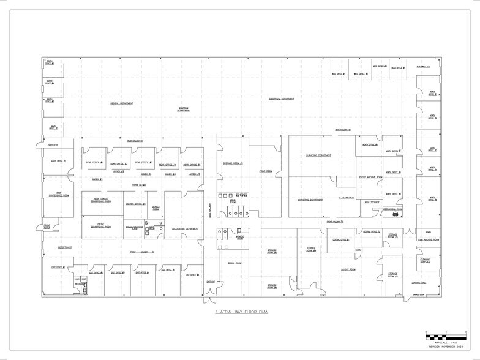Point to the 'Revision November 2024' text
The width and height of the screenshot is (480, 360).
pyautogui.click(x=443, y=347)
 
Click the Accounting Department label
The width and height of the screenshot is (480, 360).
pyautogui.click(x=185, y=229)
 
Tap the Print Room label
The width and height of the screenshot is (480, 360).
pyautogui.click(x=265, y=171)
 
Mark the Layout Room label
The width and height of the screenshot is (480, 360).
pyautogui.click(x=350, y=269)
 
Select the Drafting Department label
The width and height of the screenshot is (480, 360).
pyautogui.click(x=183, y=110)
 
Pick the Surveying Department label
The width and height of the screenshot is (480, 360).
pyautogui.click(x=318, y=156)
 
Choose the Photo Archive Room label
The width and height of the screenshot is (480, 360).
pyautogui.click(x=370, y=177)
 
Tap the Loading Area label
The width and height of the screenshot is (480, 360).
pyautogui.click(x=419, y=283)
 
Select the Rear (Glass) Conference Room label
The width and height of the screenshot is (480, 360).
pyautogui.click(x=100, y=200)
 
